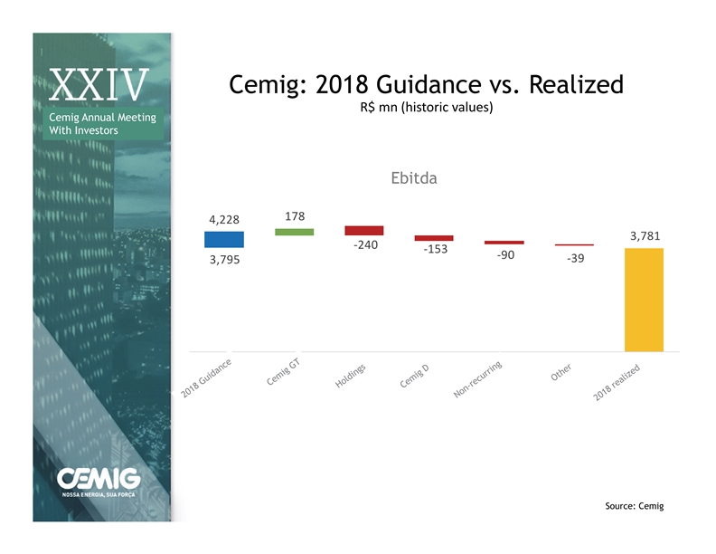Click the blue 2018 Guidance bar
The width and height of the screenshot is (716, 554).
click(x=224, y=240)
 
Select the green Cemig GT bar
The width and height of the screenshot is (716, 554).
click(x=295, y=233)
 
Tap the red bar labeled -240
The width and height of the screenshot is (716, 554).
click(x=364, y=230)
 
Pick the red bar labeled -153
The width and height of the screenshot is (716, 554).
click(x=434, y=238)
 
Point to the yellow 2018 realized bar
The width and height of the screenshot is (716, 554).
click(x=644, y=300)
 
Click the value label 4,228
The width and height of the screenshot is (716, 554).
click(x=224, y=220)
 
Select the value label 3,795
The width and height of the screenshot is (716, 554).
click(x=225, y=260)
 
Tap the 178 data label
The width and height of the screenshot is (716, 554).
click(x=295, y=216)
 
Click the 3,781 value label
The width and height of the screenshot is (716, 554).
click(x=645, y=236)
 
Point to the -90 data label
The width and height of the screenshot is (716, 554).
click(x=505, y=255)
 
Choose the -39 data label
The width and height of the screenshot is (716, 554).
click(x=575, y=258)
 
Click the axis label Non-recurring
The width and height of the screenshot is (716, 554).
click(x=477, y=379)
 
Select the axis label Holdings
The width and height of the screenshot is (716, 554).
click(x=350, y=376)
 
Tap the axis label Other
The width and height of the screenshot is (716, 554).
click(x=561, y=372)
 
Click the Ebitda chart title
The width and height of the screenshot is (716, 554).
click(x=414, y=177)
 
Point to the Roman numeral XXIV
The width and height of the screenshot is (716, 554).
click(x=99, y=84)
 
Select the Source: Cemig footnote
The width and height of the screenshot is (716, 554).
click(x=635, y=506)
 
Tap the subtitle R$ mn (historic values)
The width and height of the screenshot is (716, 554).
click(x=427, y=108)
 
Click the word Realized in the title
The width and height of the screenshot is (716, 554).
click(x=576, y=84)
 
